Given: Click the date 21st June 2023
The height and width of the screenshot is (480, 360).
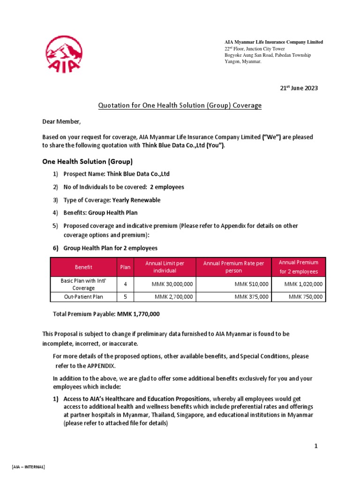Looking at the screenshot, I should point(299,88).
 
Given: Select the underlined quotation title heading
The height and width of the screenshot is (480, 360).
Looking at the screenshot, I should point(180,105).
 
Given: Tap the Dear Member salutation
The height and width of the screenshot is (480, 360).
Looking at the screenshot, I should point(61,122).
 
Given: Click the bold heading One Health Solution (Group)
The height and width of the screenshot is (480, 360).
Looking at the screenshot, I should point(87,162).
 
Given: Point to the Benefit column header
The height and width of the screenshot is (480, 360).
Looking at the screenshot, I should point(83,267).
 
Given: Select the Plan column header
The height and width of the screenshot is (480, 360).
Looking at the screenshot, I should point(125,267).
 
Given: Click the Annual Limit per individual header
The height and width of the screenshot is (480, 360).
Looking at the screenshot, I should point(165,267).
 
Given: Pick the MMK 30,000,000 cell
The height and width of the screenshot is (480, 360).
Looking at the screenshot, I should point(172,284).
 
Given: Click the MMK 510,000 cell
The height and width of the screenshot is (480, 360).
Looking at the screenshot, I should point(252,284).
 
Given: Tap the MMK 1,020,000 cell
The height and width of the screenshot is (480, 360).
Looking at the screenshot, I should point(303,284).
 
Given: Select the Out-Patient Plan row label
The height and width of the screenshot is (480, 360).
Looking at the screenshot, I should point(83,297).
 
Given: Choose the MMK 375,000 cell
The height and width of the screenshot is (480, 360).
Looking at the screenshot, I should point(252,297).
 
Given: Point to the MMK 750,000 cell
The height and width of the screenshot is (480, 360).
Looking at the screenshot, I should point(305,297).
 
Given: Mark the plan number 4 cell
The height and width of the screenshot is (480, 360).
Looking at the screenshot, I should point(125,284).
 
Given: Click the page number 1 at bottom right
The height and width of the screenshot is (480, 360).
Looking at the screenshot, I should point(316,446).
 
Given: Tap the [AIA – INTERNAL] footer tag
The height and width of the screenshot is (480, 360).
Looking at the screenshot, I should point(28,467).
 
